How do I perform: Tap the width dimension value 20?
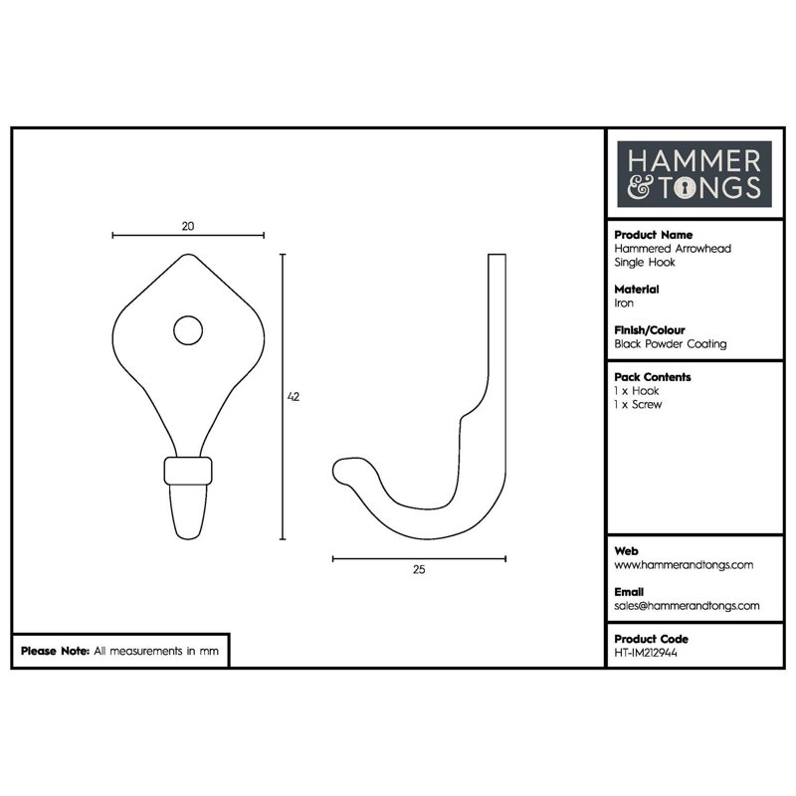[x=188, y=227]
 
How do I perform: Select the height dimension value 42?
[x=294, y=396]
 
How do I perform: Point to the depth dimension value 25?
[x=419, y=569]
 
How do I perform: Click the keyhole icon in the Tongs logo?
[x=686, y=189]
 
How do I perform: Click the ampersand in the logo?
[x=639, y=187]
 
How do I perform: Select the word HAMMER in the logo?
[x=694, y=161]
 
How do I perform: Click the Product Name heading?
[x=654, y=235]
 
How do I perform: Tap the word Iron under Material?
[x=624, y=303]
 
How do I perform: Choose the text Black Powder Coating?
[x=670, y=344]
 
